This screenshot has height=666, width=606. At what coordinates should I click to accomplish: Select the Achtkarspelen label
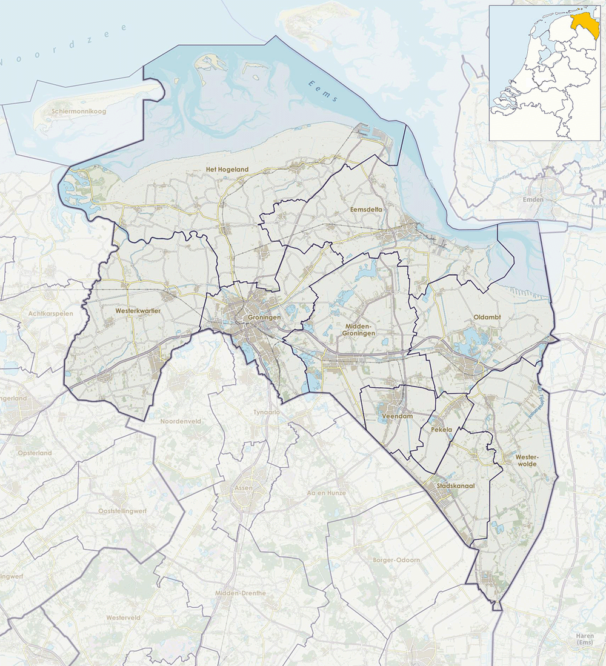pyautogui.click(x=50, y=313)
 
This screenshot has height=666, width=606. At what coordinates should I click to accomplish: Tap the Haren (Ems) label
pyautogui.click(x=585, y=638)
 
